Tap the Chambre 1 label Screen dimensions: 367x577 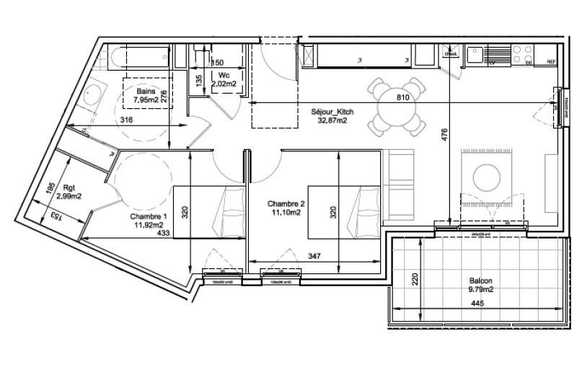click(149, 216)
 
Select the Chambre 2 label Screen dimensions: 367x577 click(285, 203)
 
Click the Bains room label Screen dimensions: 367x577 click(146, 92)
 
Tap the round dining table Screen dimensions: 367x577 click(395, 107)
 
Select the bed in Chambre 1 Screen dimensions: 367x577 click(209, 211)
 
